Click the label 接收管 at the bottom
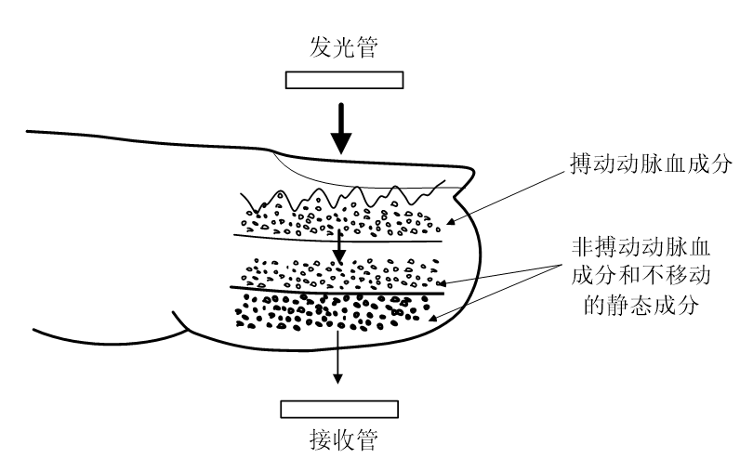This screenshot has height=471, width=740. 342,439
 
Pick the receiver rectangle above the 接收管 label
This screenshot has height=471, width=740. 340,409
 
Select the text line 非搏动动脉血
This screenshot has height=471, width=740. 640,248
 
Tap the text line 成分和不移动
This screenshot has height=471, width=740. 640,276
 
